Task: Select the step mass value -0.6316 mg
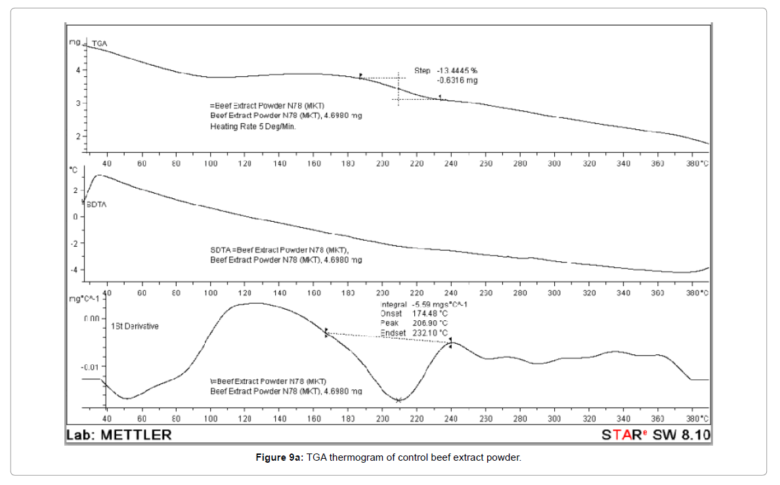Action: click(x=457, y=80)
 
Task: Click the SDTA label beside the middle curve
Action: click(x=97, y=204)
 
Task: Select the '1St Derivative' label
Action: click(x=135, y=326)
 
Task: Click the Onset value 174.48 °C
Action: click(x=434, y=314)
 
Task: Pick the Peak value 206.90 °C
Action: click(x=434, y=323)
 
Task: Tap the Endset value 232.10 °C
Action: click(x=434, y=333)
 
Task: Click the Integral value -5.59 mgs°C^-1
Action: click(x=439, y=305)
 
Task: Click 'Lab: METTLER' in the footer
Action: click(x=119, y=434)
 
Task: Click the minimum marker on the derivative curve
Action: click(x=399, y=400)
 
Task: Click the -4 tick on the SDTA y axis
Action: click(x=77, y=270)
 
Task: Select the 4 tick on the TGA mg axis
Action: click(x=79, y=70)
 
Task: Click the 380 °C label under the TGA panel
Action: click(x=697, y=163)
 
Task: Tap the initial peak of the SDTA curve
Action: click(x=98, y=176)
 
